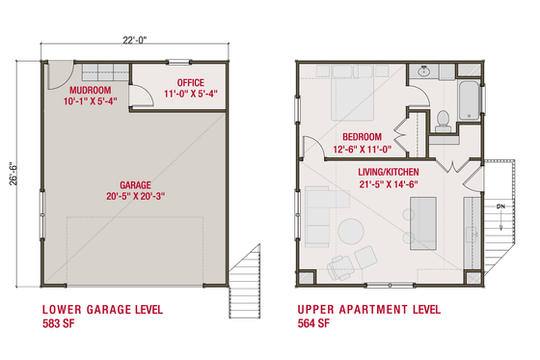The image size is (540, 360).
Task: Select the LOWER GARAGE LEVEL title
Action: (101, 311)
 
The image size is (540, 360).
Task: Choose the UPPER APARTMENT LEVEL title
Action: (368, 311)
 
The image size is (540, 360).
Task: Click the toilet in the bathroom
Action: (444, 120)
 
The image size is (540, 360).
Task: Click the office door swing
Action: (141, 94)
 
